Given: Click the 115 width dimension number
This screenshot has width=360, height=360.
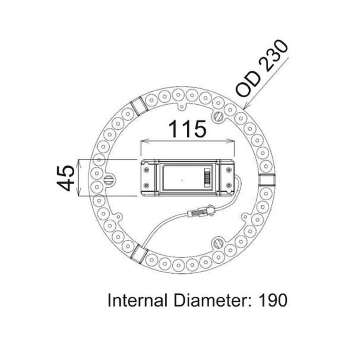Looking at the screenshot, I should click(x=188, y=129).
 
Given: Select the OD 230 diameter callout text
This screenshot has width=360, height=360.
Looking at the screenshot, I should click(x=261, y=68).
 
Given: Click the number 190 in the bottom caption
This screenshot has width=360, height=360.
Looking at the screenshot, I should click(x=272, y=300).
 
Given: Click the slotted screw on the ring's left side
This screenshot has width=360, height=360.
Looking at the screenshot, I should click(x=109, y=180).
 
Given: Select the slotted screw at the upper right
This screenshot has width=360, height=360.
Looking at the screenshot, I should click(x=219, y=116).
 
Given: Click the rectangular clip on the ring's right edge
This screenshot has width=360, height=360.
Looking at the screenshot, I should click(x=267, y=180).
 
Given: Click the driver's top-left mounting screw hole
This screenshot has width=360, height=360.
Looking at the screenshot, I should click(x=146, y=170).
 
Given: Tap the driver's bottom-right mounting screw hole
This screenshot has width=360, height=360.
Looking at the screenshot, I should click(x=229, y=185).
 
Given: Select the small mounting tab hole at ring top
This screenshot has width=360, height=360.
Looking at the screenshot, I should click(x=182, y=107).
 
